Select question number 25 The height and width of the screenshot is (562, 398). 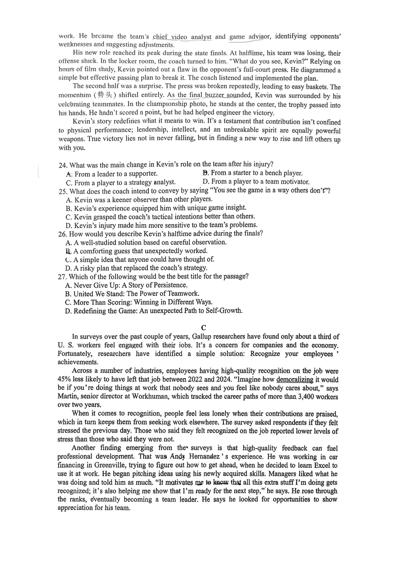[x=63, y=191]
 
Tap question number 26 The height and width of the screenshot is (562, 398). [x=63, y=234]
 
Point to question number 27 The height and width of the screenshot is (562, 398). [x=63, y=277]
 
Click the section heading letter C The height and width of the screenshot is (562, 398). [x=203, y=328]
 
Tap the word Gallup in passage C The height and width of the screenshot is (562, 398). [x=203, y=337]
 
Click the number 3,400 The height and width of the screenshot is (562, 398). [x=307, y=397]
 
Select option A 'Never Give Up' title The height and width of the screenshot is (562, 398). [x=126, y=285]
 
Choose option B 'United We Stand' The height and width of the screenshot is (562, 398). [x=132, y=294]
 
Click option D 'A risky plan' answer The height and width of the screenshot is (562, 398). [x=136, y=268]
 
